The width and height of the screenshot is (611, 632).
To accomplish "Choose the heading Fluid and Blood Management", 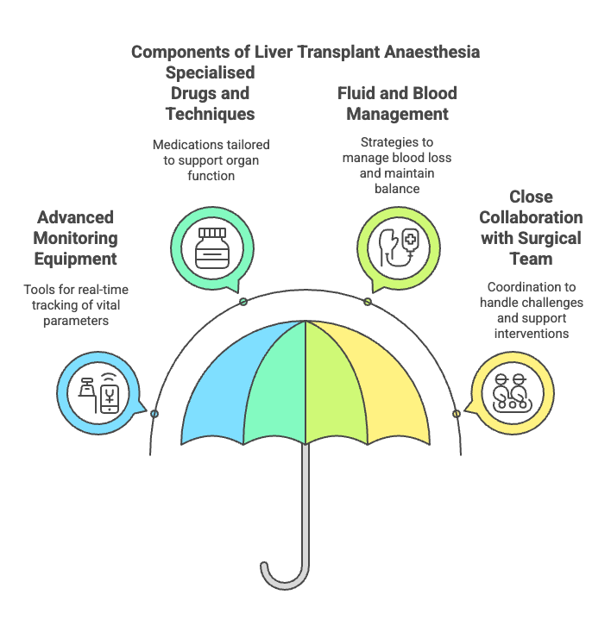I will click(398, 103).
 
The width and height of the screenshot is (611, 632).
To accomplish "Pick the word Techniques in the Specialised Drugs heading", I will click(210, 113).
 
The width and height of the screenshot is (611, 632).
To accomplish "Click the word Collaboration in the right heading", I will click(531, 217).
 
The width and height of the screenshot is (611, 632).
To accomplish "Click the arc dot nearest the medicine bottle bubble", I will click(243, 301).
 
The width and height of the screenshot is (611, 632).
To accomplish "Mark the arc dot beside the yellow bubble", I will click(456, 414).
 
